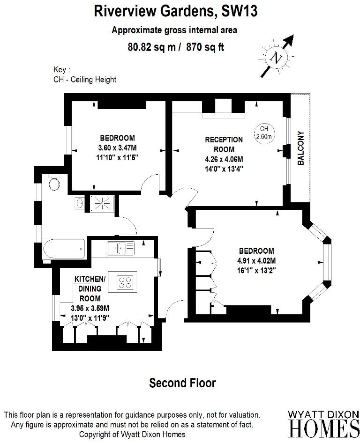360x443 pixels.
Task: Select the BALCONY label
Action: coord(301,148)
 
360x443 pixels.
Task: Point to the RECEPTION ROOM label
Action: coord(224,144)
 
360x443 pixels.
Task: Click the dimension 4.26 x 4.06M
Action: coord(224,159)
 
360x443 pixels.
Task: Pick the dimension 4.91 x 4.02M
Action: coord(256,261)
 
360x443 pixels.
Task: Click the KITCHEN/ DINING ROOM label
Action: coord(90,288)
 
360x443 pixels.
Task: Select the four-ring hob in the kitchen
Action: coord(125,282)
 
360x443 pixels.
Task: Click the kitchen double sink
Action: coord(120,247)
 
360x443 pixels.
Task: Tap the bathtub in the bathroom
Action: coord(64,247)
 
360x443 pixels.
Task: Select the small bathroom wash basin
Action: coord(79,203)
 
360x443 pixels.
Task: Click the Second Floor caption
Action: coord(182,383)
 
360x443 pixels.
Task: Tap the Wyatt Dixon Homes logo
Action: coord(323,423)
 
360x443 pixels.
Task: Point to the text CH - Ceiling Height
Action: coord(85,80)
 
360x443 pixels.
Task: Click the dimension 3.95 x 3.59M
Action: coord(90,309)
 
